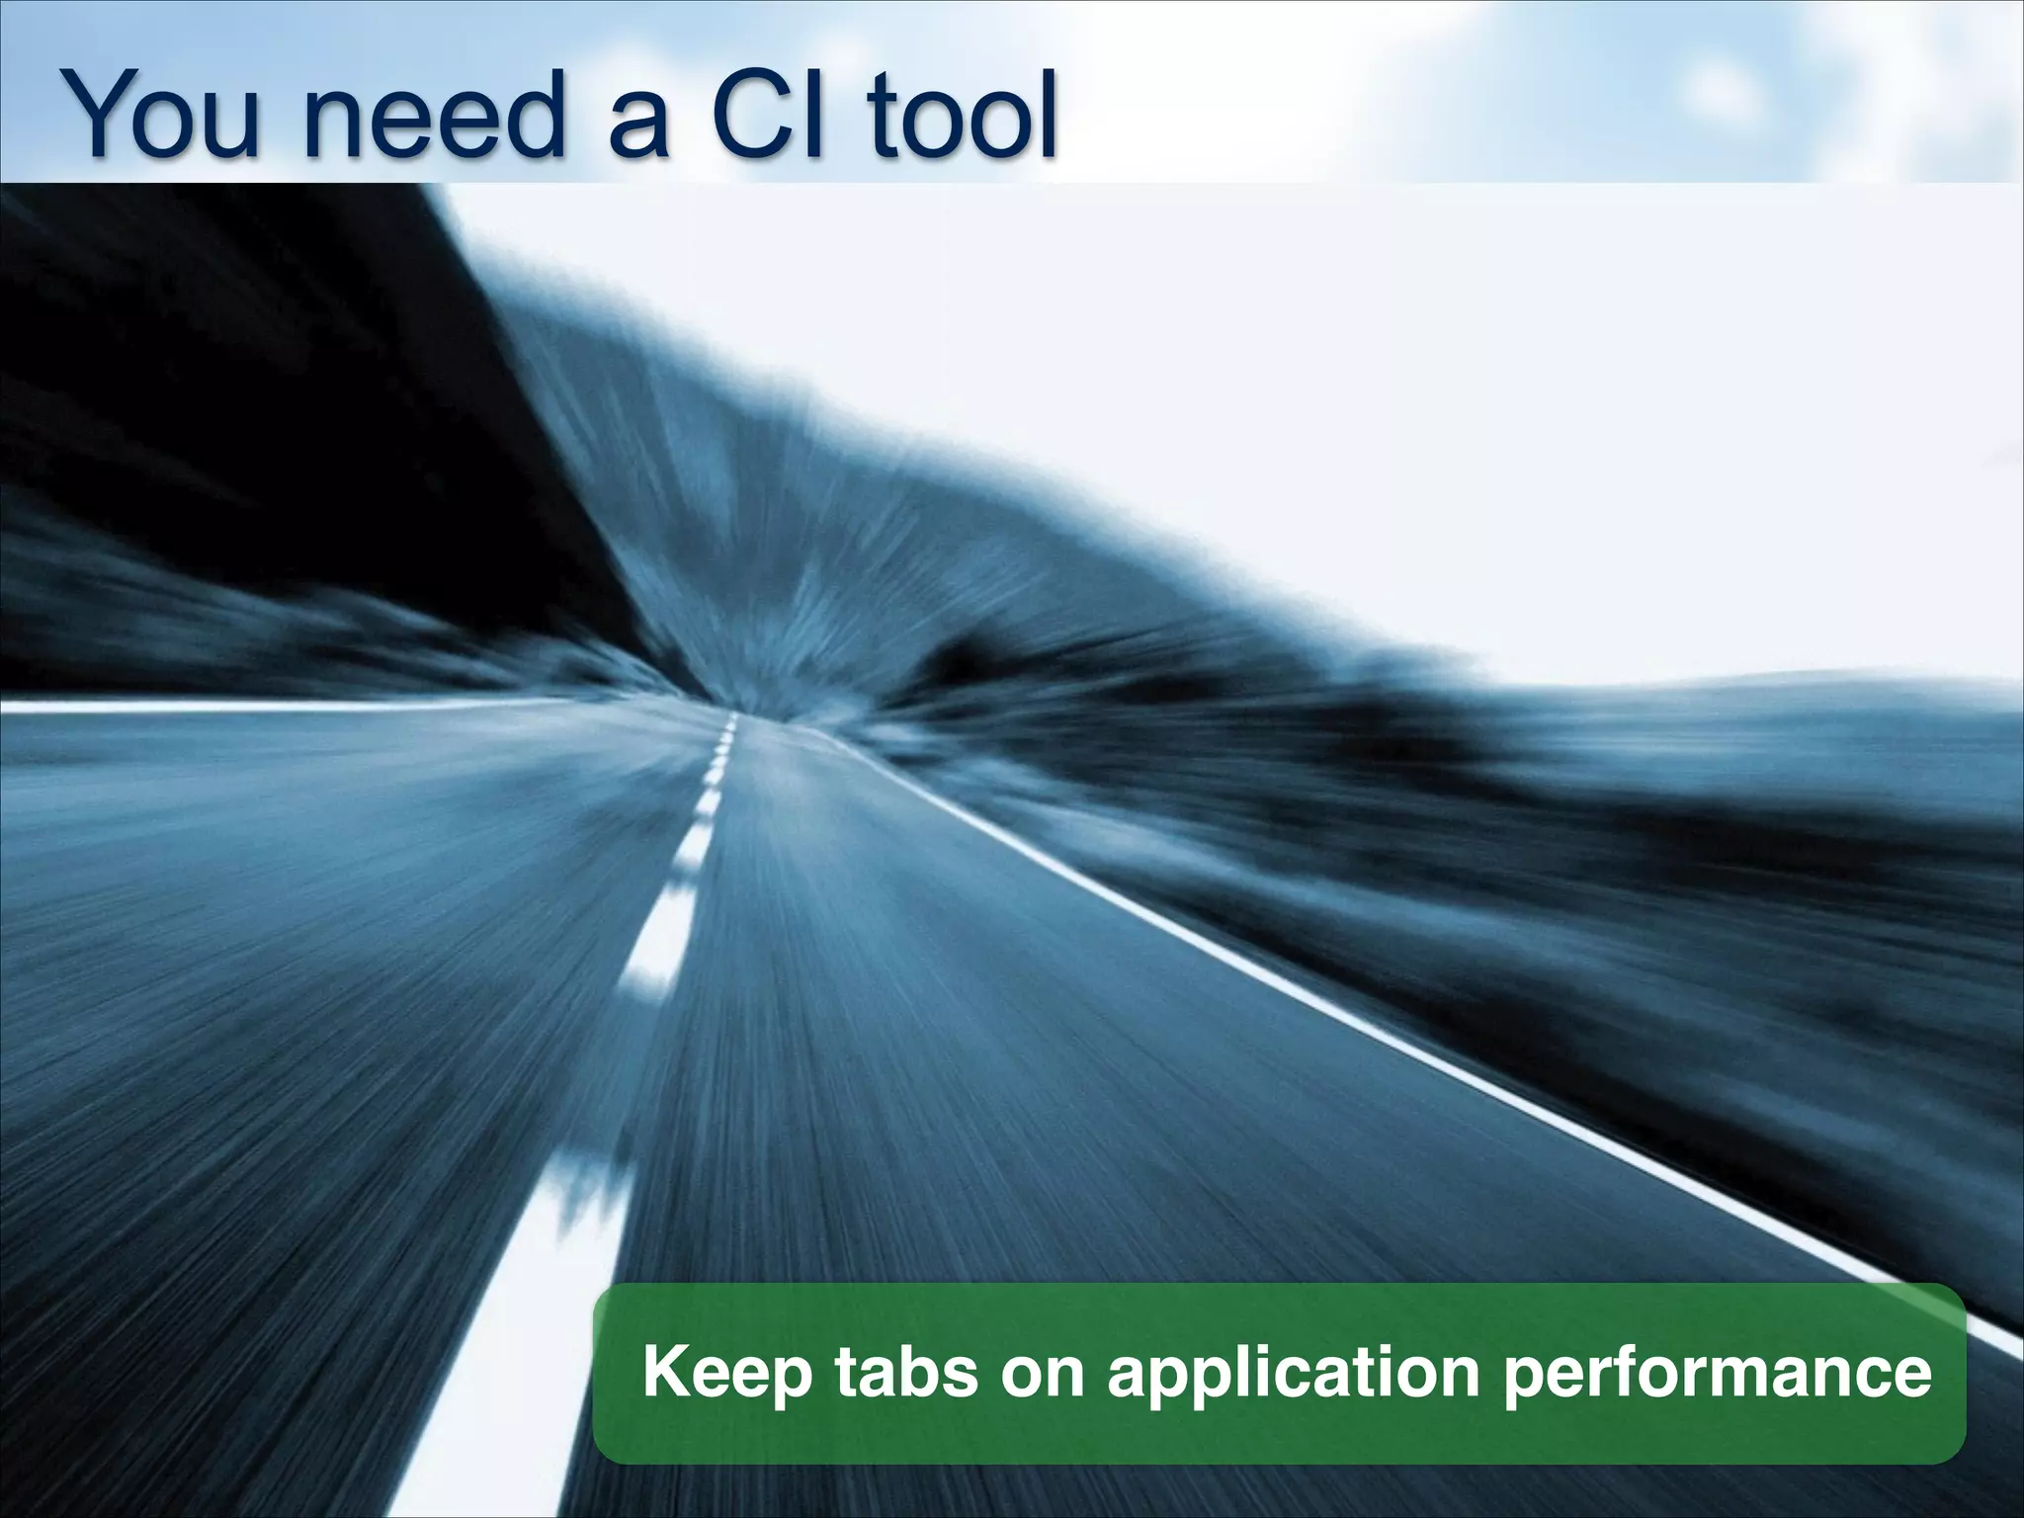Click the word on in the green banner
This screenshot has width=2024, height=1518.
1048,1374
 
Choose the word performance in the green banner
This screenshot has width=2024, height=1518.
1717,1374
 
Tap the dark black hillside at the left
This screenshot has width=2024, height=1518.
247,376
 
